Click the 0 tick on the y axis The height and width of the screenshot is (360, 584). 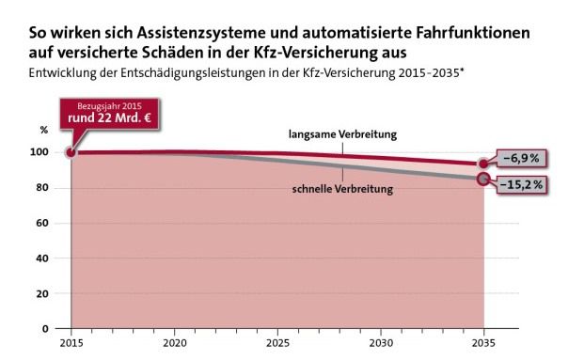pyautogui.click(x=46, y=329)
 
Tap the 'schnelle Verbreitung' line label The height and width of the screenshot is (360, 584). pyautogui.click(x=342, y=189)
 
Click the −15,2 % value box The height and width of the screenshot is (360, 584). pyautogui.click(x=522, y=184)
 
